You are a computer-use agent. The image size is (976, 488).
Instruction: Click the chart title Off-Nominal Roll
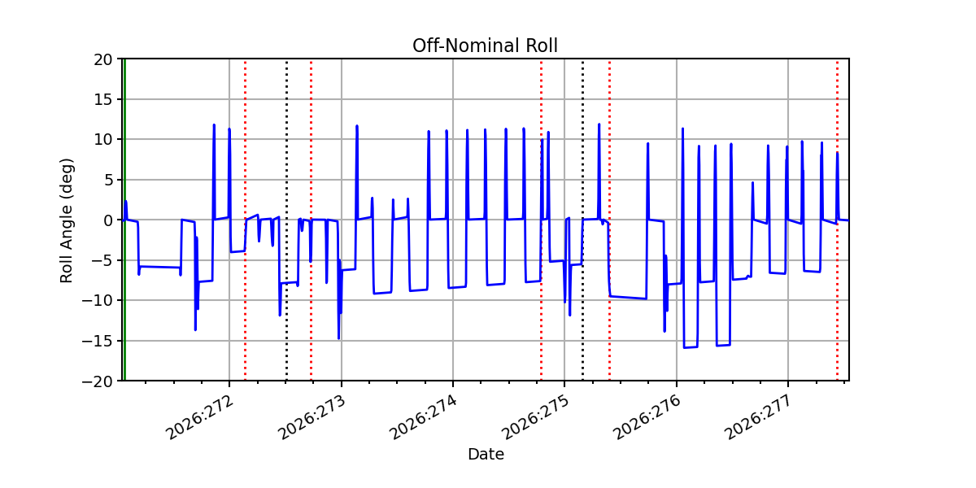click(x=485, y=46)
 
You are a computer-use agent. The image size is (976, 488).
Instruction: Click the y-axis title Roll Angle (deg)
click(x=66, y=220)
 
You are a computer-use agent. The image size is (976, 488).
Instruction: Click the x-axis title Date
click(x=486, y=455)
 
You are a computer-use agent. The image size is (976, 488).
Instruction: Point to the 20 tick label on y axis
click(x=102, y=59)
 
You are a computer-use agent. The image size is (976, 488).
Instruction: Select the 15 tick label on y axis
click(x=102, y=100)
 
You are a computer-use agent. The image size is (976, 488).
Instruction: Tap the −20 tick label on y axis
click(x=97, y=381)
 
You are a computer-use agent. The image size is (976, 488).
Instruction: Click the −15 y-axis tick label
click(x=97, y=341)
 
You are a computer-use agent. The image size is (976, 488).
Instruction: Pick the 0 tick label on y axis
click(x=107, y=220)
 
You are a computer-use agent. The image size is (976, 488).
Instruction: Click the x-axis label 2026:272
click(x=199, y=417)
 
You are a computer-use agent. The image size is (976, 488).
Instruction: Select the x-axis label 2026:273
click(x=312, y=417)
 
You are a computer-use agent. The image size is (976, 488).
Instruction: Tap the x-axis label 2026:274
click(x=423, y=417)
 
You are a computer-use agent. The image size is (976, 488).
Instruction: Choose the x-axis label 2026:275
click(x=535, y=417)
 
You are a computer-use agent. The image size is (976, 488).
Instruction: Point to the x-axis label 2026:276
click(x=647, y=417)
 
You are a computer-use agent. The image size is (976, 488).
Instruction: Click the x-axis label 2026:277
click(x=758, y=417)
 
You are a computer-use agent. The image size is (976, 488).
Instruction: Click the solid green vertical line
click(x=124, y=220)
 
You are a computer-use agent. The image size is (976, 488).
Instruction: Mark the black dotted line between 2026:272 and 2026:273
click(x=286, y=220)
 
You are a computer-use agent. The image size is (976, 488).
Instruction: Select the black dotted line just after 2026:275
click(x=582, y=220)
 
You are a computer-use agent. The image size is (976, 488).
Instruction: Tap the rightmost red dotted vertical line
click(x=837, y=220)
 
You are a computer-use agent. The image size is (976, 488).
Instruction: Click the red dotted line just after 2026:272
click(x=245, y=220)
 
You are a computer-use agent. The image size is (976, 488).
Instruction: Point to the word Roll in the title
click(x=542, y=46)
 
